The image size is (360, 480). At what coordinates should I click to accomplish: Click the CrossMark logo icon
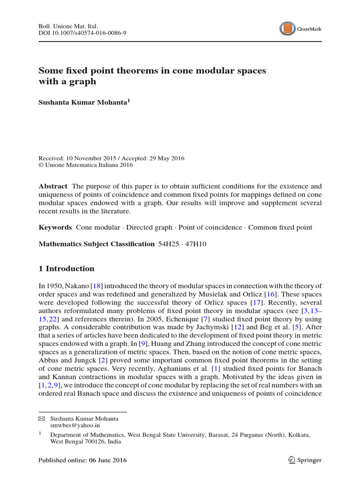tap(287, 29)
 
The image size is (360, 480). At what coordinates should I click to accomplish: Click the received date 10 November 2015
tap(95, 158)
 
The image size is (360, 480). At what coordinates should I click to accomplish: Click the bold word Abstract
tap(52, 186)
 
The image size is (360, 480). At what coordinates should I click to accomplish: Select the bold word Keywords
tap(55, 227)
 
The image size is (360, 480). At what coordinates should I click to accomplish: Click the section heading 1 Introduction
tap(66, 269)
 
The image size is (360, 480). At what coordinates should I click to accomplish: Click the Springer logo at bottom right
tap(305, 460)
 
